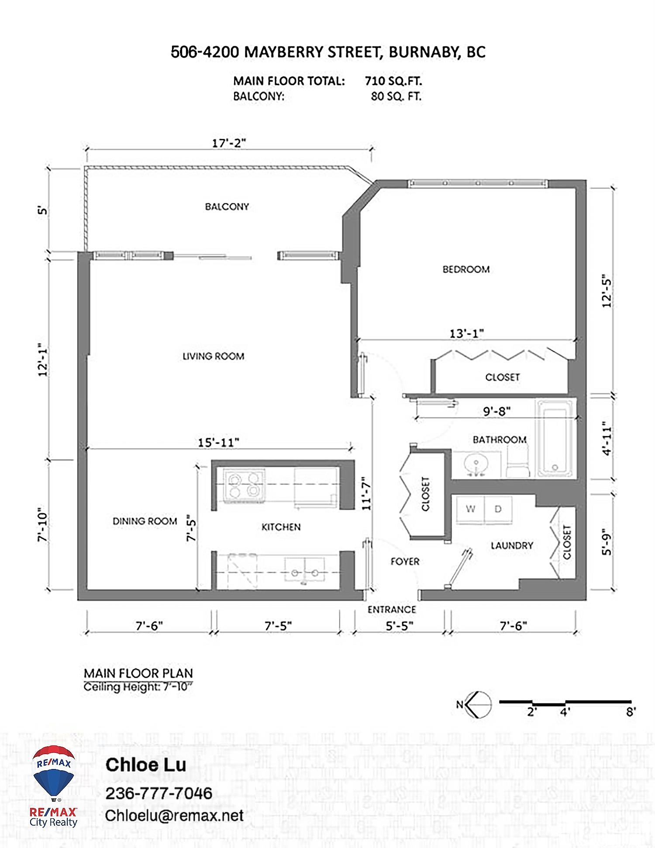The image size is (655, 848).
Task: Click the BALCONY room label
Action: tap(227, 206)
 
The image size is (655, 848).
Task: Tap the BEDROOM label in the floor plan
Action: tap(466, 269)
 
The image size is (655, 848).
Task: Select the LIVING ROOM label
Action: tap(213, 356)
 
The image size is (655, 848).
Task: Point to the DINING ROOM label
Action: tap(145, 521)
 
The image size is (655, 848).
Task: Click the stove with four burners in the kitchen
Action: tap(244, 485)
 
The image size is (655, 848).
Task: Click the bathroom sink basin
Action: tap(476, 464)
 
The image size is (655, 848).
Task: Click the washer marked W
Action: tap(470, 509)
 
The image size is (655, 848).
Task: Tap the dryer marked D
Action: tap(498, 509)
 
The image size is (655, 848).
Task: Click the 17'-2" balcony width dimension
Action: tap(229, 143)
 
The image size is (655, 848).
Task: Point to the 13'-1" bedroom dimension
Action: tap(466, 333)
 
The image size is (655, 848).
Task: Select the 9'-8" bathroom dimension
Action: tap(496, 411)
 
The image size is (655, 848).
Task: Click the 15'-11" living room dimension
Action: tap(218, 443)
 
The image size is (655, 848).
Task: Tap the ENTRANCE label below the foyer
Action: tap(392, 609)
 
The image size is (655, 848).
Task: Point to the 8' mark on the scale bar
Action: tap(631, 712)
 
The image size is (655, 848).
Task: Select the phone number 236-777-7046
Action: tap(159, 793)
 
